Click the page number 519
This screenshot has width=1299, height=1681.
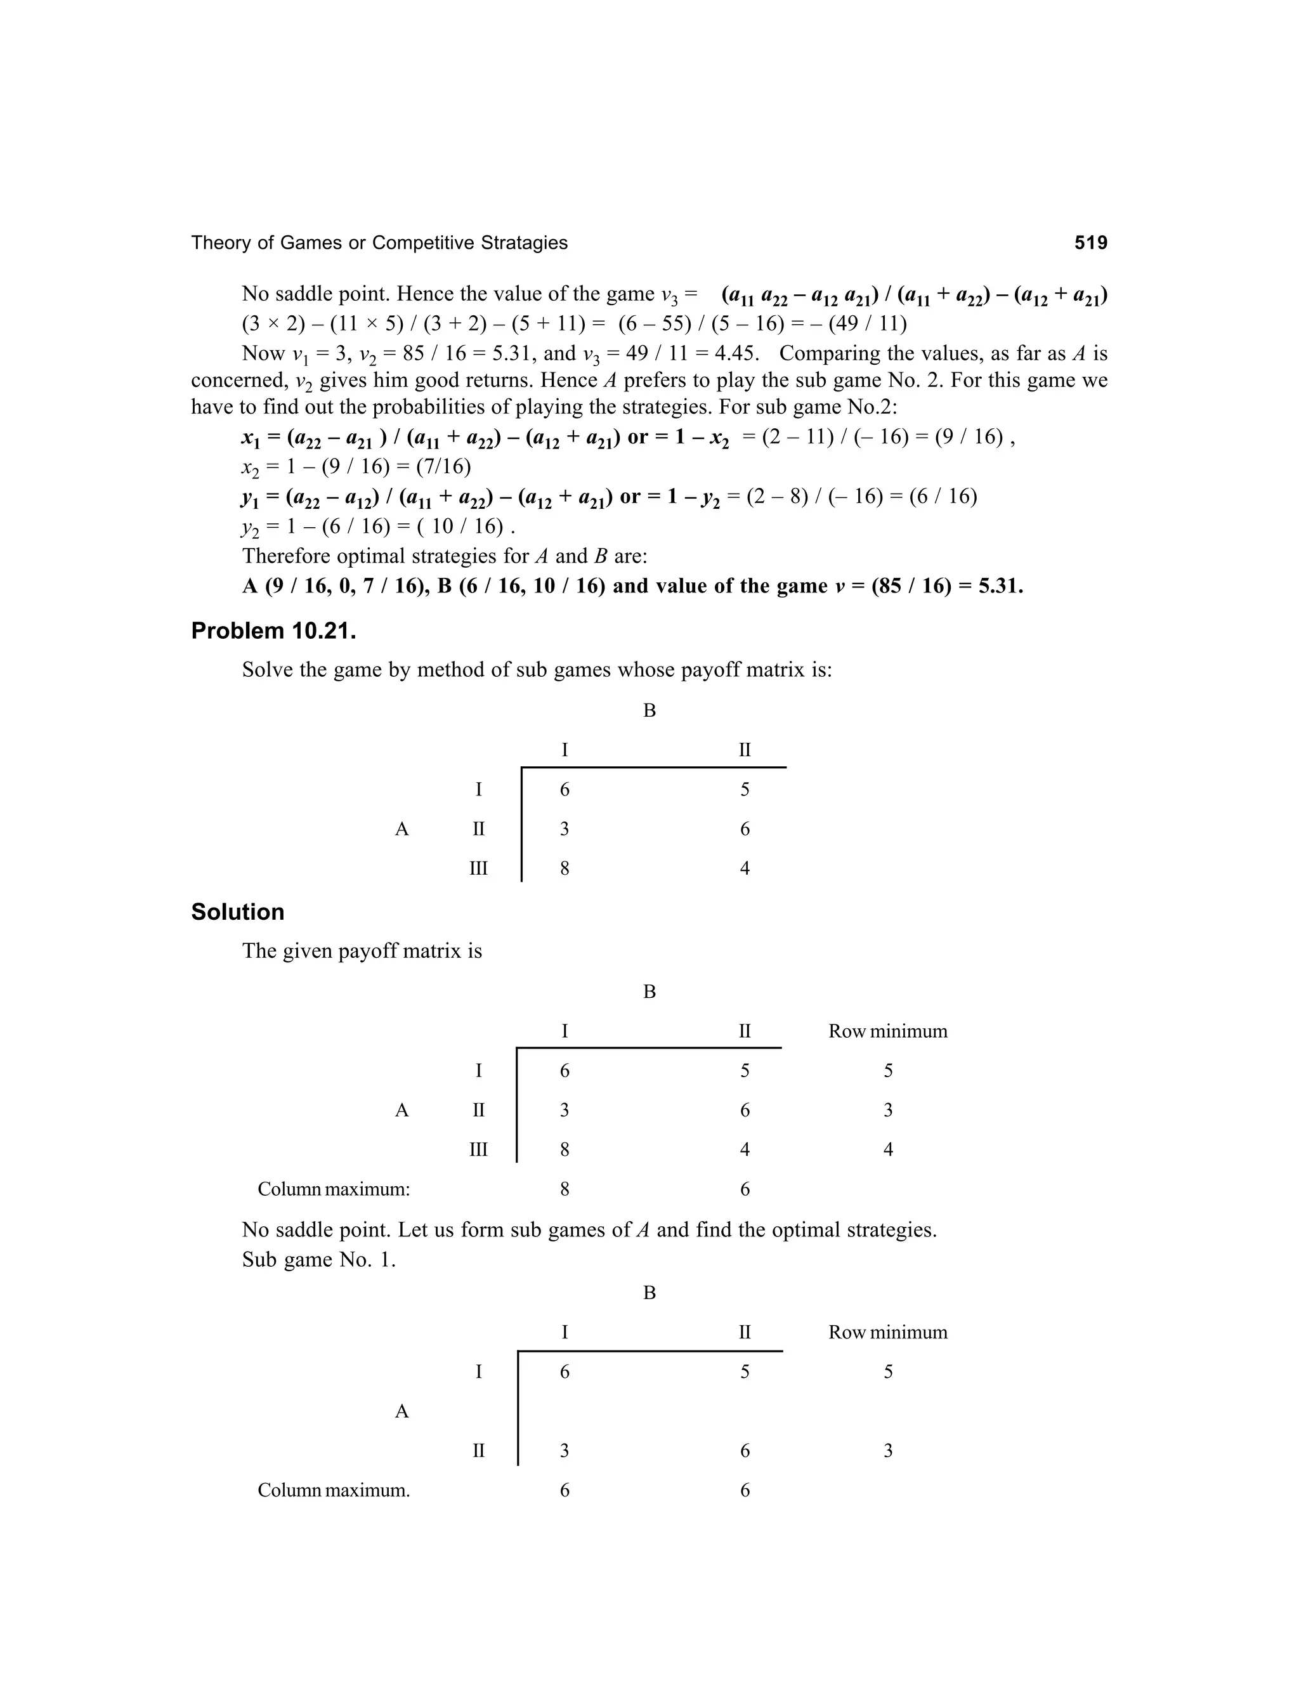[x=1090, y=243]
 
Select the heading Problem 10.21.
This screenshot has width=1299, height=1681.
[x=273, y=631]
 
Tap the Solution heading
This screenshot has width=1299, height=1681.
[x=237, y=912]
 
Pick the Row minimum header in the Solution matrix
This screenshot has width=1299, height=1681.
[x=887, y=1031]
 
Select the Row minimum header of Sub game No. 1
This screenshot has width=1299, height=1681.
[x=887, y=1331]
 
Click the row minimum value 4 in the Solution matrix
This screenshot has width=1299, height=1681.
[x=887, y=1149]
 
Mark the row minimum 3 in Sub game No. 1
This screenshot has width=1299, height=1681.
[x=887, y=1450]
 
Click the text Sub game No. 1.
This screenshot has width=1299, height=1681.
[x=318, y=1259]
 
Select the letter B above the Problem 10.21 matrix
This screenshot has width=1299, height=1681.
[x=649, y=710]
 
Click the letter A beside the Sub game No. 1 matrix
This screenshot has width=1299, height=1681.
[x=401, y=1411]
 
